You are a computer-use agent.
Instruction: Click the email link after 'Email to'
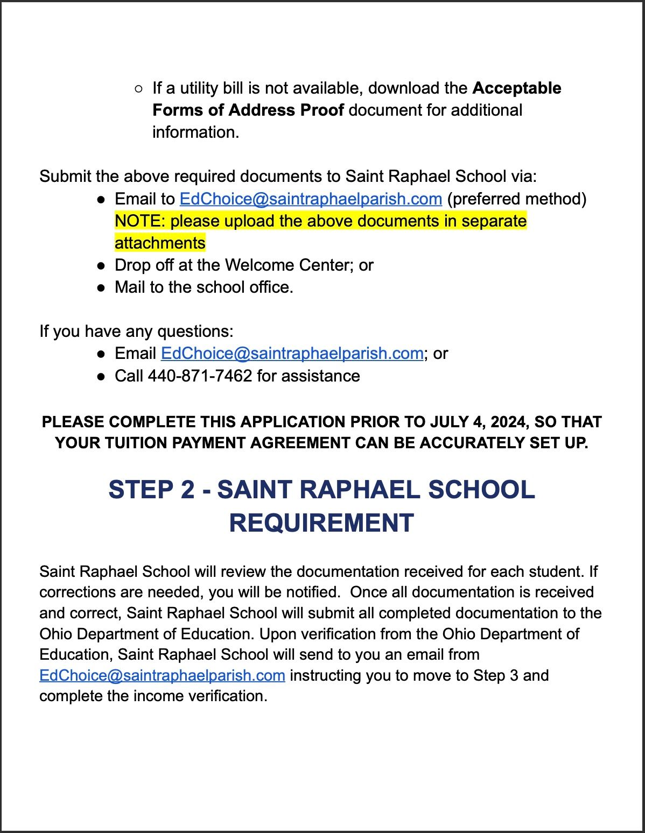[x=311, y=199]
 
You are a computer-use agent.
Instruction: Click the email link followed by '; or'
[x=292, y=354]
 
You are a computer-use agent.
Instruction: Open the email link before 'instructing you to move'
[x=162, y=675]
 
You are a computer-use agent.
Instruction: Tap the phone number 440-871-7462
[x=200, y=376]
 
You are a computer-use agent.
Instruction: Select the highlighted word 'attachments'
[x=160, y=243]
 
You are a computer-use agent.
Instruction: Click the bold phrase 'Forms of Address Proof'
[x=248, y=110]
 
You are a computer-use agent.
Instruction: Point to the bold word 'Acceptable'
[x=517, y=88]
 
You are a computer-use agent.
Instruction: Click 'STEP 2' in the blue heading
[x=151, y=490]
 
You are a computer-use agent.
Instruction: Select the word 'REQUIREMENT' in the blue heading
[x=321, y=523]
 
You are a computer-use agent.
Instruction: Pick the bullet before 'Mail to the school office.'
[x=101, y=288]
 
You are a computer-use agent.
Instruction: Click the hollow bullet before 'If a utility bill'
[x=138, y=89]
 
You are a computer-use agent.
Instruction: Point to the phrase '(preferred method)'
[x=516, y=199]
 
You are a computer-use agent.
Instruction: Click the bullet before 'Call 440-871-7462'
[x=101, y=376]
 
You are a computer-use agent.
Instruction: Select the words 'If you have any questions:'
[x=136, y=331]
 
